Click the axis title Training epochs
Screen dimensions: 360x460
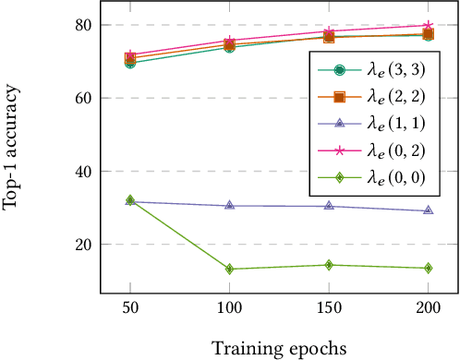[278, 347]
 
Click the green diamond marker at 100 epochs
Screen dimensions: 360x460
[229, 270]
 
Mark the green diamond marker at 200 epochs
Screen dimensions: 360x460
[428, 269]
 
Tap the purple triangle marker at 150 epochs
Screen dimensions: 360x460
[329, 206]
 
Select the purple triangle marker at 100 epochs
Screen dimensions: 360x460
[229, 205]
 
